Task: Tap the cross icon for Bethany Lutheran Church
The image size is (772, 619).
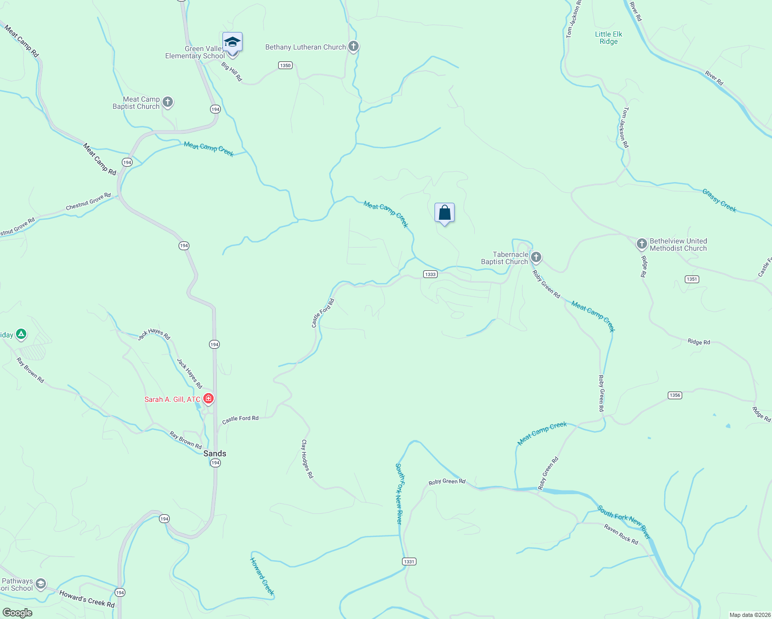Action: [x=353, y=46]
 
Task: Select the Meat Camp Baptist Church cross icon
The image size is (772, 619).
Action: [x=168, y=102]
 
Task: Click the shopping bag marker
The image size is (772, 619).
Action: [x=444, y=213]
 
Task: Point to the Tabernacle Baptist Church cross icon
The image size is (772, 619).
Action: [x=536, y=257]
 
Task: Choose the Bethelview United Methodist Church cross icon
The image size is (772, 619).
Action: [x=641, y=243]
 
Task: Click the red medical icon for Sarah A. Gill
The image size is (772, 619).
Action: [x=208, y=398]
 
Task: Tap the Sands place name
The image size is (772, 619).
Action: [x=215, y=453]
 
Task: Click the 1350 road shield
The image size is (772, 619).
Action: [x=285, y=66]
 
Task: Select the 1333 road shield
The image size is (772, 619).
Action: [x=430, y=274]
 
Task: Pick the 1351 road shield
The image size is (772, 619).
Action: [x=692, y=279]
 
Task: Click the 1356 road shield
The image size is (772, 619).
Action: [x=675, y=395]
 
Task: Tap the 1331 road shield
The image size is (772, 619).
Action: [x=409, y=561]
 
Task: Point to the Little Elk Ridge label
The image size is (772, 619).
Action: [x=608, y=38]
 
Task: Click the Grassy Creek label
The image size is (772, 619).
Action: [x=719, y=200]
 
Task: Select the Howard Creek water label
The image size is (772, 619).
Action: [x=262, y=576]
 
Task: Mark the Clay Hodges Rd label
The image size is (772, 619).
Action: [x=307, y=459]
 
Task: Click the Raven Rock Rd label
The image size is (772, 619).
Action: [x=621, y=534]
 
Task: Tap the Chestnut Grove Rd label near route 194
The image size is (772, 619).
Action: [x=88, y=202]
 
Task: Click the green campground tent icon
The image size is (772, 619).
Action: [x=21, y=334]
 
